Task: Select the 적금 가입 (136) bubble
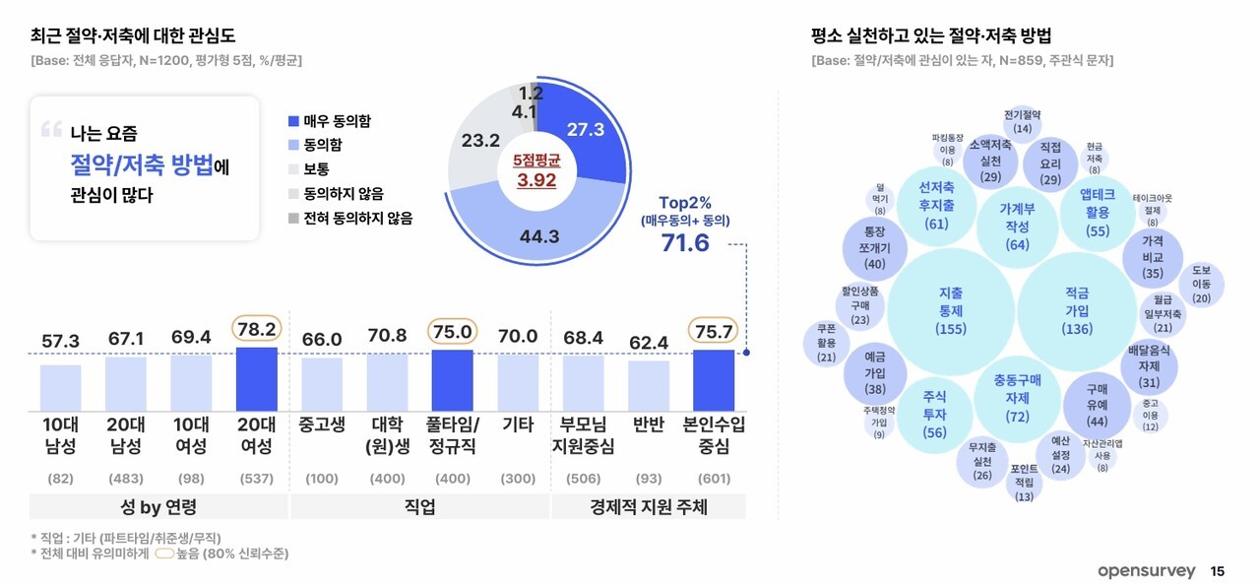pyautogui.click(x=1077, y=310)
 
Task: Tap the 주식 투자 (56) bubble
pyautogui.click(x=934, y=415)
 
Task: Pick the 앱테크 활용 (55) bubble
pyautogui.click(x=1097, y=211)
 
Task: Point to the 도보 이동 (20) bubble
pyautogui.click(x=1201, y=284)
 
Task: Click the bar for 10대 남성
pyautogui.click(x=61, y=386)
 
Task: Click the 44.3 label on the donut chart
pyautogui.click(x=540, y=236)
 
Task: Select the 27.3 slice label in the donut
pyautogui.click(x=585, y=129)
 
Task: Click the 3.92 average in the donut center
pyautogui.click(x=536, y=181)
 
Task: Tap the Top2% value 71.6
pyautogui.click(x=685, y=242)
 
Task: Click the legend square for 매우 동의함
pyautogui.click(x=293, y=121)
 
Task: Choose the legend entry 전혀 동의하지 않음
pyautogui.click(x=349, y=218)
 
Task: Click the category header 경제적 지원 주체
pyautogui.click(x=648, y=508)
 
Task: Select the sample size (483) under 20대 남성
pyautogui.click(x=126, y=479)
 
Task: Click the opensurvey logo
pyautogui.click(x=1146, y=571)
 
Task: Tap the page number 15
pyautogui.click(x=1218, y=571)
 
